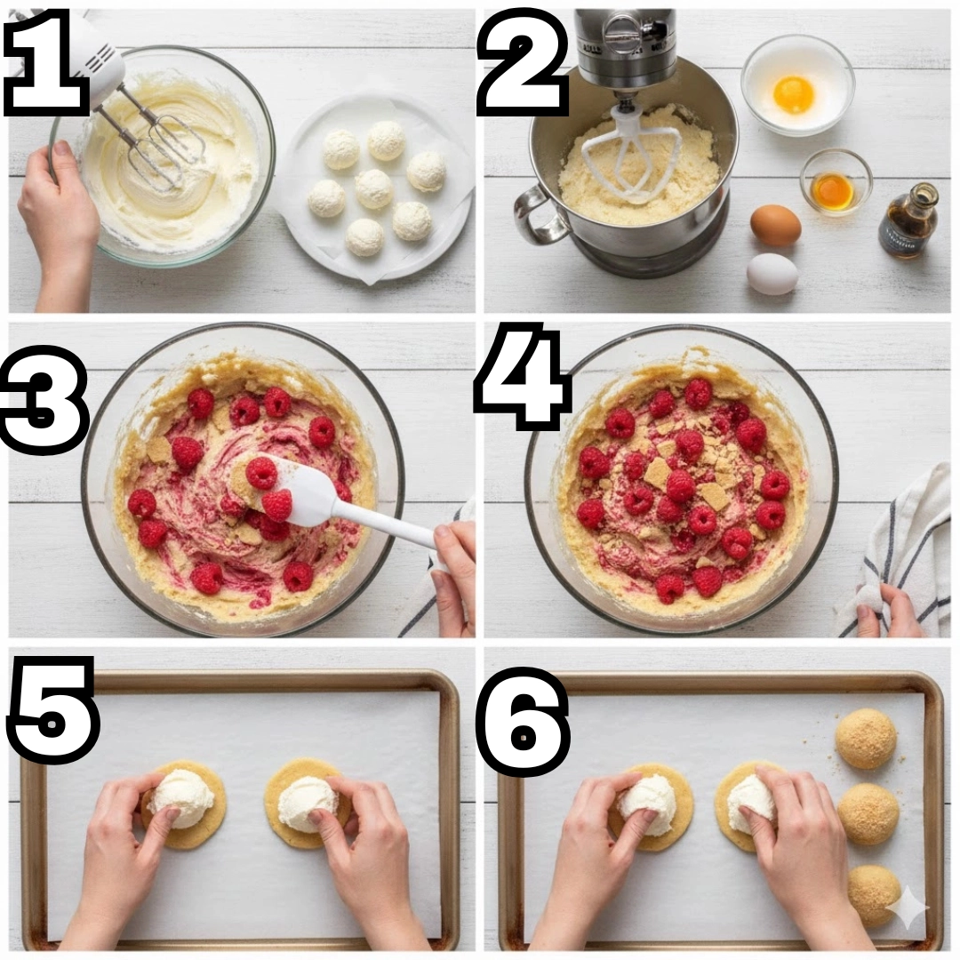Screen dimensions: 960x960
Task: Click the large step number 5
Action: [52, 709]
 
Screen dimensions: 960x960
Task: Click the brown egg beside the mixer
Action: [775, 225]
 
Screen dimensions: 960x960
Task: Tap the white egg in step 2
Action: [772, 274]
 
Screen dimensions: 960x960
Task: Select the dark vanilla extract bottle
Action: [908, 221]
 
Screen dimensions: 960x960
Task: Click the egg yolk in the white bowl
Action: [794, 93]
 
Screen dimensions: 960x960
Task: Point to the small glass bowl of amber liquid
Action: [836, 182]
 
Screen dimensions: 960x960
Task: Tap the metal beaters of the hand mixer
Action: [153, 142]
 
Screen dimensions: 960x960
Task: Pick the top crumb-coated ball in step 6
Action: [866, 739]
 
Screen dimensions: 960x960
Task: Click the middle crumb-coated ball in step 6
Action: [868, 813]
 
